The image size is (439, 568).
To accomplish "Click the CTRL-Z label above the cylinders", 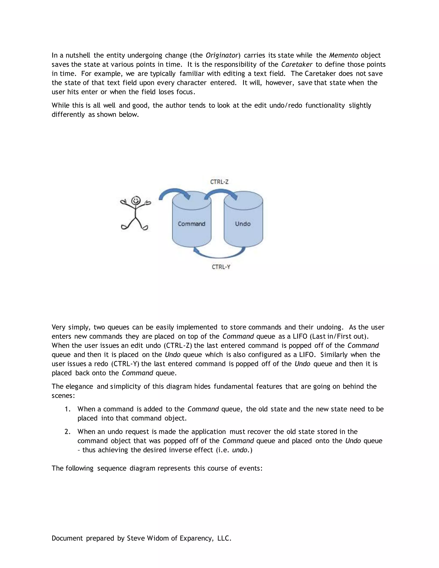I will click(219, 182).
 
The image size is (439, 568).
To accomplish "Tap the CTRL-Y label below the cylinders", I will click(221, 267).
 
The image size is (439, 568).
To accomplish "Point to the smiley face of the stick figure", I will click(135, 201).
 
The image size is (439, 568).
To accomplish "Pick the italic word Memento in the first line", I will click(343, 55).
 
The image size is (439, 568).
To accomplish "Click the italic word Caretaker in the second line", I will click(296, 65).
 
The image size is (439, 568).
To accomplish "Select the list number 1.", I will click(67, 409).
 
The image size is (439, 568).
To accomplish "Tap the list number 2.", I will click(67, 432).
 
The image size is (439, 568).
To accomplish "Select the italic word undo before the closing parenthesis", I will click(239, 450).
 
